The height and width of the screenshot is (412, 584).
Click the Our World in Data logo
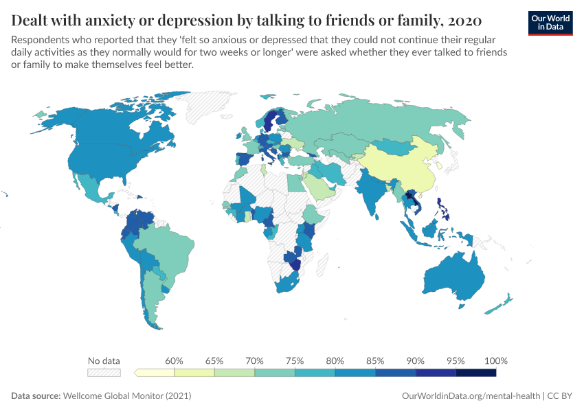(x=550, y=22)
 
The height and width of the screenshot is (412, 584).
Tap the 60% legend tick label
(x=174, y=360)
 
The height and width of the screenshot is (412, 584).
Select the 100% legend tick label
(x=495, y=360)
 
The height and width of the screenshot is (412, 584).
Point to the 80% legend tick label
(x=335, y=360)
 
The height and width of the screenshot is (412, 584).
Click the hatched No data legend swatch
(x=104, y=372)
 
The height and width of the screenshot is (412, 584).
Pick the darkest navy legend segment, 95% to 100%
(x=475, y=372)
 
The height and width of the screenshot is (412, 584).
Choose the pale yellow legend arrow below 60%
(x=155, y=372)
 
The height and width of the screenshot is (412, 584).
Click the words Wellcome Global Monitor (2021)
(x=127, y=396)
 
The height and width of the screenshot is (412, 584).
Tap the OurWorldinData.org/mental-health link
(x=471, y=396)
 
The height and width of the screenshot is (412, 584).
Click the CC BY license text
(x=560, y=396)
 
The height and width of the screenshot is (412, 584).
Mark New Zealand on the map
(x=505, y=302)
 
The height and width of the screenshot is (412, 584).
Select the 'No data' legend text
(x=104, y=360)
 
